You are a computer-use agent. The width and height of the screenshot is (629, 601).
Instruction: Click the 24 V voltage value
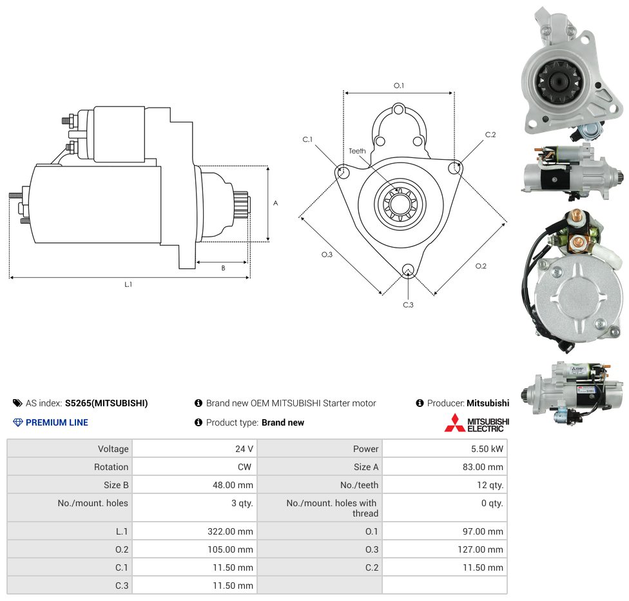pyautogui.click(x=244, y=449)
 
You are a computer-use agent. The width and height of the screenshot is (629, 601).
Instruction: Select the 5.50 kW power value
pyautogui.click(x=487, y=449)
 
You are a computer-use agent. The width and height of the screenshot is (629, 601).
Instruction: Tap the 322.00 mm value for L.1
pyautogui.click(x=230, y=531)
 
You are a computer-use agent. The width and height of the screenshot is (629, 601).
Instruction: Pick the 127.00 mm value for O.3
pyautogui.click(x=480, y=549)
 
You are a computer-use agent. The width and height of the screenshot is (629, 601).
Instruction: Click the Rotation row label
pyautogui.click(x=111, y=467)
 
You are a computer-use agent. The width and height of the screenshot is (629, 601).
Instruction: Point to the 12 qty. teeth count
pyautogui.click(x=490, y=485)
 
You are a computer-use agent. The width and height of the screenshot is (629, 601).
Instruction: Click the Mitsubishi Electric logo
pyautogui.click(x=476, y=423)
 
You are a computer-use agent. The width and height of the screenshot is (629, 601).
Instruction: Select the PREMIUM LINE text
pyautogui.click(x=57, y=422)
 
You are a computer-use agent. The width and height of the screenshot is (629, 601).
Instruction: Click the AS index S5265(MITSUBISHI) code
pyautogui.click(x=106, y=403)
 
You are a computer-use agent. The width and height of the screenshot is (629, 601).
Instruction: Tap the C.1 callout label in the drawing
pyautogui.click(x=307, y=139)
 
